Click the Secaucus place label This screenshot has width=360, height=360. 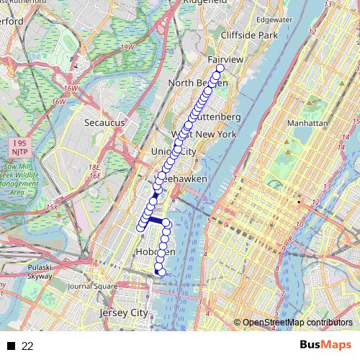coord(104,122)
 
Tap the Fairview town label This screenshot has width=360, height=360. coord(225,59)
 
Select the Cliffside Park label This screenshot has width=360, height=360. coord(248,35)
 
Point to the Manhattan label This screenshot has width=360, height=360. coord(307,123)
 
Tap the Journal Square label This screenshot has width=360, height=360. coord(91,286)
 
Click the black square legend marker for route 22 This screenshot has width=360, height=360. coord(11,346)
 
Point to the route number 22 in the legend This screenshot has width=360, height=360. coord(27,346)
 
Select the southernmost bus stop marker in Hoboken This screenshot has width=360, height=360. coord(161,271)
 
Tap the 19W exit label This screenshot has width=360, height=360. coord(128,48)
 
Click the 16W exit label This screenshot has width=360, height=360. coord(70,89)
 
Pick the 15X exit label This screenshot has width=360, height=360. coord(51,207)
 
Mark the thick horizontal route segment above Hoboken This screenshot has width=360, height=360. coord(156,220)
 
